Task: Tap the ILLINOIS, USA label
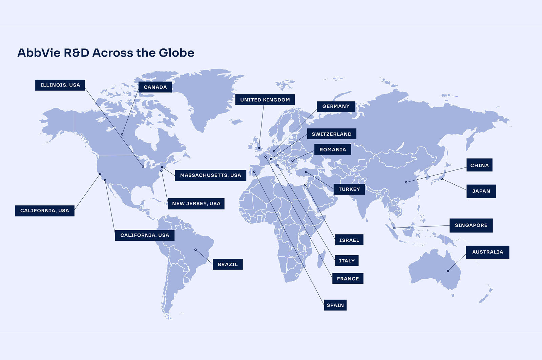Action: coord(60,85)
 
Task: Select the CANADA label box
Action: coord(155,87)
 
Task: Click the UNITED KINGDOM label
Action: coord(265,100)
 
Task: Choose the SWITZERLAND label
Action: coord(332,134)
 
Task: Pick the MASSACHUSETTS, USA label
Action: coord(210,175)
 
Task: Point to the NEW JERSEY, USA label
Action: coord(196,203)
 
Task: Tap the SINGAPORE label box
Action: coord(471,225)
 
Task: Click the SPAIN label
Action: coord(335,305)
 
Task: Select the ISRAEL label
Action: coord(349,240)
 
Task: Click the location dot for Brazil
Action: coord(195,250)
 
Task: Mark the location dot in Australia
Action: coord(448,271)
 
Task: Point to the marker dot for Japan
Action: coord(441,179)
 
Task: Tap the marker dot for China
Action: coord(406,182)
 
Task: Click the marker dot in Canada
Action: coord(122,134)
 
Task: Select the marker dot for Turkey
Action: coord(306,172)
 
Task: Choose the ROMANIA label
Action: coord(333,149)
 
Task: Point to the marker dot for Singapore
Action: coord(394,228)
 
